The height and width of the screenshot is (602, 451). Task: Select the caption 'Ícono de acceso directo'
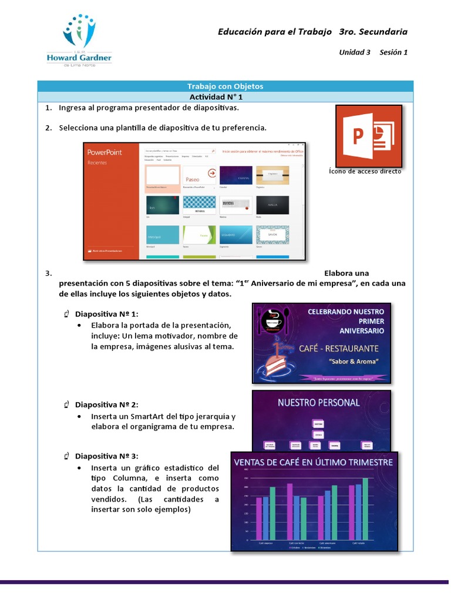click(x=365, y=171)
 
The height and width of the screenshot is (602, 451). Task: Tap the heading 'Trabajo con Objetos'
click(x=225, y=86)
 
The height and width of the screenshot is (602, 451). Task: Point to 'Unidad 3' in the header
click(x=355, y=52)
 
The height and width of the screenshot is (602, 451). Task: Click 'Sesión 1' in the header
click(x=393, y=52)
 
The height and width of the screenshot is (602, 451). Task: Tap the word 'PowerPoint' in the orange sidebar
click(x=105, y=152)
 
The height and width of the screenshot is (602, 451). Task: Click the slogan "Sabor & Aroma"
click(x=354, y=361)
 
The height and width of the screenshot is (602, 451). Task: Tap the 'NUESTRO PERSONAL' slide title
click(x=318, y=403)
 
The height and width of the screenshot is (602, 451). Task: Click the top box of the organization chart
click(x=318, y=423)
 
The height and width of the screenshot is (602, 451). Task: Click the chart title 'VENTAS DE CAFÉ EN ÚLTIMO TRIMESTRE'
click(x=314, y=463)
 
